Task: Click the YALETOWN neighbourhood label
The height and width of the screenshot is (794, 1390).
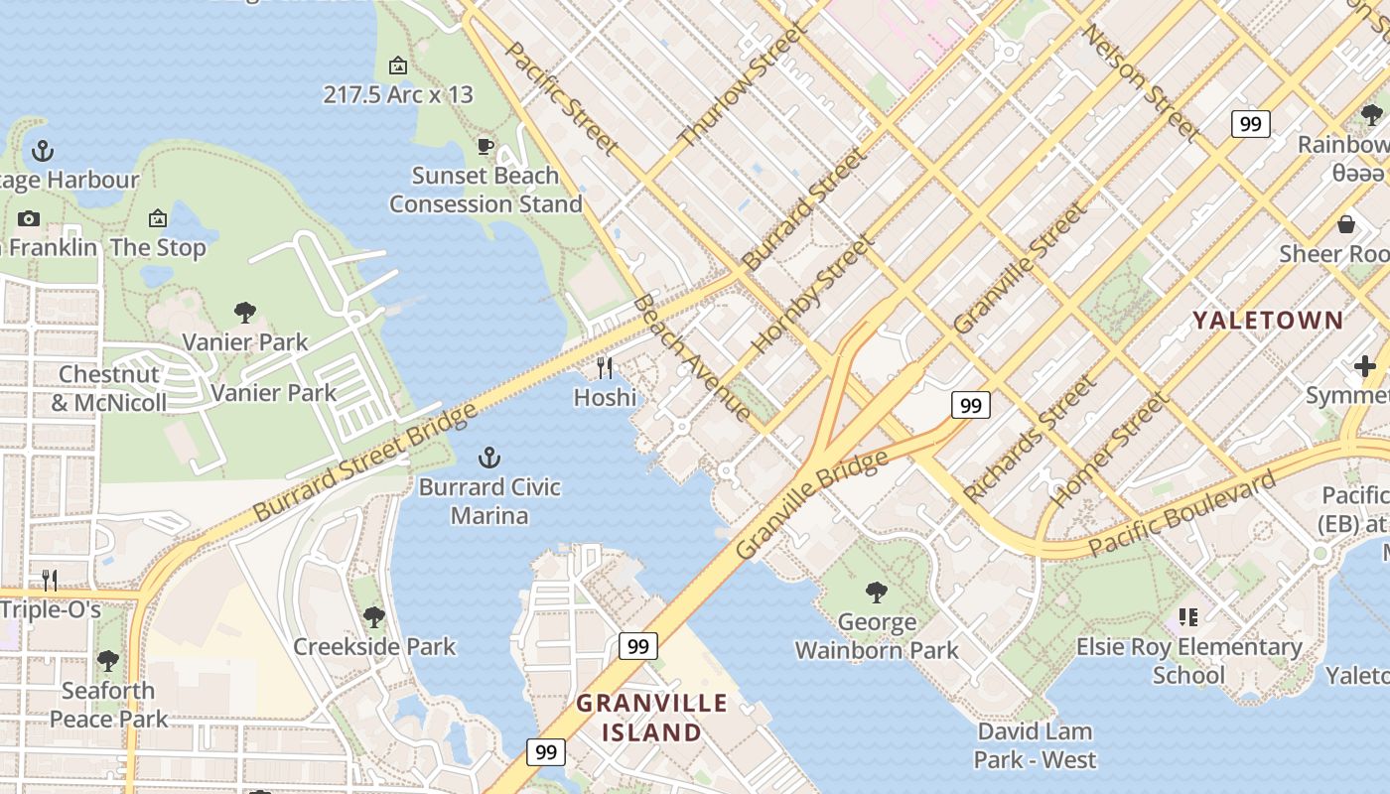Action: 1267,321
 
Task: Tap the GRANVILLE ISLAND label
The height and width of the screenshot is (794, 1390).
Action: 652,718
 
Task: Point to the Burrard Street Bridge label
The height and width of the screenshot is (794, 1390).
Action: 364,463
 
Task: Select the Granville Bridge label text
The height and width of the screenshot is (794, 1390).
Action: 812,505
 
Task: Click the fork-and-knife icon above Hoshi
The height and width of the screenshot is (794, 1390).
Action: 605,368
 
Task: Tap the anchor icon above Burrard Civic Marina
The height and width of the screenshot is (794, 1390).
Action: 488,458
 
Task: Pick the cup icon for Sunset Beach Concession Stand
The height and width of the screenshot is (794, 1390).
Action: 486,147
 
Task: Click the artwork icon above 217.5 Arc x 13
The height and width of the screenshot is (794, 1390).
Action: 398,66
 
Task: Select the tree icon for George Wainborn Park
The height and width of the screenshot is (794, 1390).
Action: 876,593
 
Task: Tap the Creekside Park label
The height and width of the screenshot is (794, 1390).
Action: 374,646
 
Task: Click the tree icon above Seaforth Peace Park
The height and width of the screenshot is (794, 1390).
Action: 108,660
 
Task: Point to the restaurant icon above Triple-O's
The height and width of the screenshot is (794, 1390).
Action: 48,580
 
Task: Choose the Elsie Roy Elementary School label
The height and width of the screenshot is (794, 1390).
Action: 1188,661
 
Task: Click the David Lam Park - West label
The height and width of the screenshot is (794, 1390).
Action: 1035,745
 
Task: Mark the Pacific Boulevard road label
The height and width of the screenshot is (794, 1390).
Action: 1181,515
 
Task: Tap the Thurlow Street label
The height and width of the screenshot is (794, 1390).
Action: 741,85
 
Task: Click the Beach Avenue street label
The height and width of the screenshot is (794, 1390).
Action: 692,357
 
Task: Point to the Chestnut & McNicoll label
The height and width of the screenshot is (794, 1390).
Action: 109,388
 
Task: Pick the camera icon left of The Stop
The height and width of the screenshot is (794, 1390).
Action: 29,219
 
